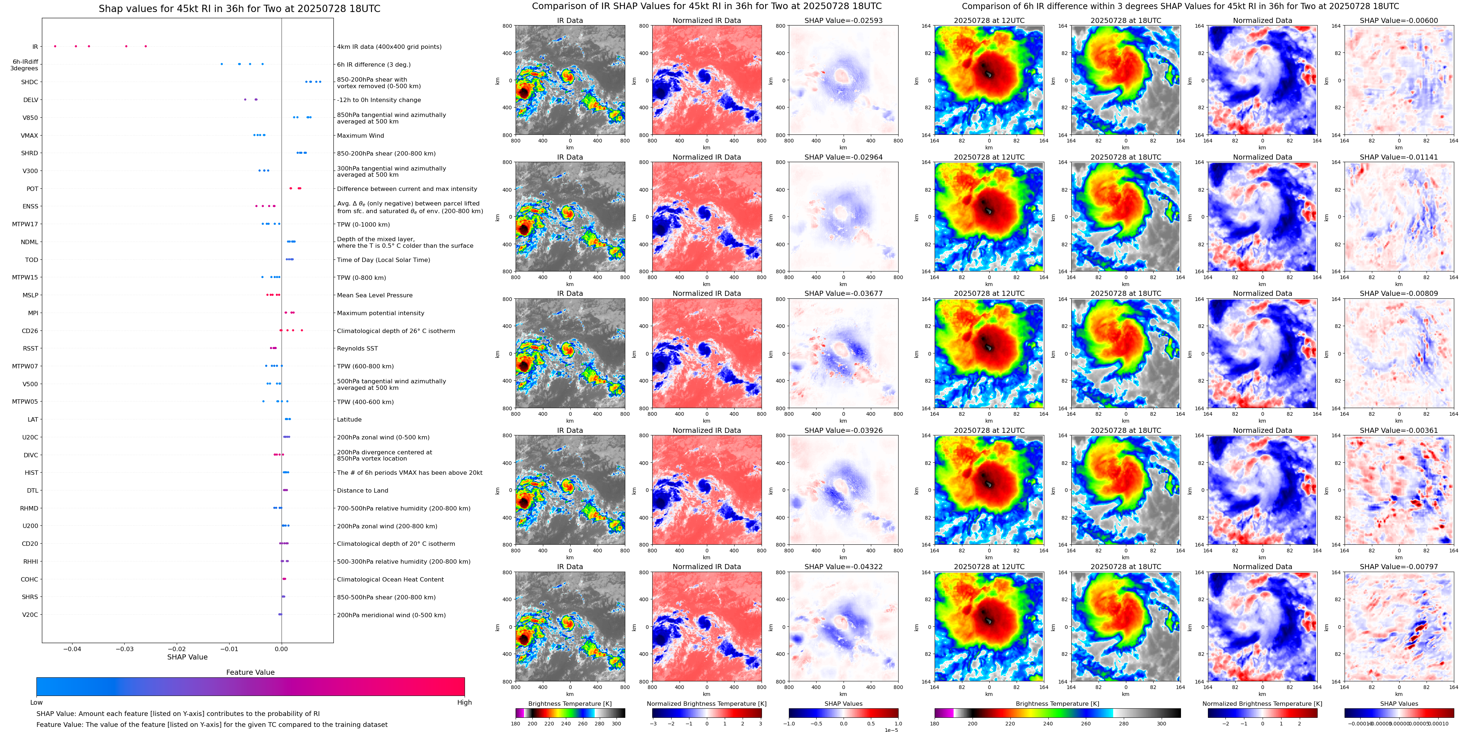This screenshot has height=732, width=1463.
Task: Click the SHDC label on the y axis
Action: point(30,82)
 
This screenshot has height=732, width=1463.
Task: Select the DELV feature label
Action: point(31,100)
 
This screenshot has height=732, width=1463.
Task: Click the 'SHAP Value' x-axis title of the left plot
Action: point(187,657)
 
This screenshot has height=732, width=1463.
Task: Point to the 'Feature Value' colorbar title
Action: point(250,672)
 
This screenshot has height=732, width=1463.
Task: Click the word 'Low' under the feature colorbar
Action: point(36,702)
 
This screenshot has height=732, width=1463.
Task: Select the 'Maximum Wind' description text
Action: point(360,136)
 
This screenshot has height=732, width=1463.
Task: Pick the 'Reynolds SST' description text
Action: point(357,349)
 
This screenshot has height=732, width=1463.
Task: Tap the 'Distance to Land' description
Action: point(362,491)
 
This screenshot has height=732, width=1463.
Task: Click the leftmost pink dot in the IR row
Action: point(55,47)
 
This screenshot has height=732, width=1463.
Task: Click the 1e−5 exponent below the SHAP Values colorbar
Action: point(891,730)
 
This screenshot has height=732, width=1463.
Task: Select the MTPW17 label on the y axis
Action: point(25,224)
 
